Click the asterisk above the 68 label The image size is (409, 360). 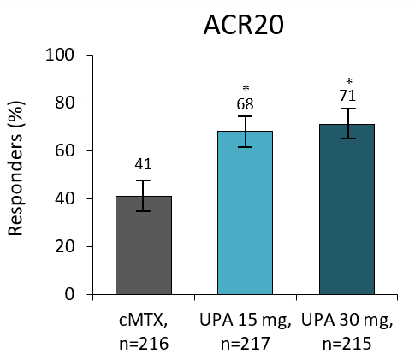(x=246, y=89)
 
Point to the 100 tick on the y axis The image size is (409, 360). (x=63, y=56)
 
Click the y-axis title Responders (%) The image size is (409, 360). (x=17, y=175)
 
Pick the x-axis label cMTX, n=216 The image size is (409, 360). (x=144, y=331)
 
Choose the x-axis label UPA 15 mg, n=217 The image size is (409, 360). (x=245, y=331)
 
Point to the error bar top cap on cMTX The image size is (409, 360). (x=144, y=180)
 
